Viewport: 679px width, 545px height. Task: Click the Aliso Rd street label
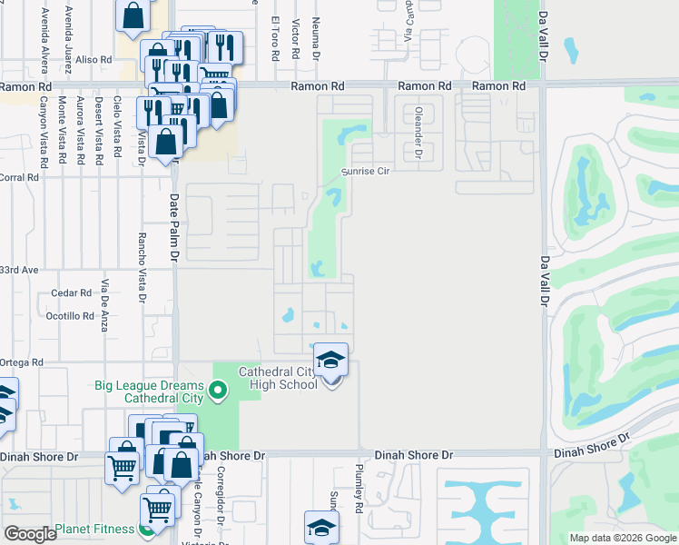[x=93, y=59]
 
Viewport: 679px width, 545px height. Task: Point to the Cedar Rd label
[x=73, y=293]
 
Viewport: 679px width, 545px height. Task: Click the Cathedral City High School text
[x=278, y=378]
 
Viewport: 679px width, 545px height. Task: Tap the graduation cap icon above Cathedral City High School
[x=330, y=359]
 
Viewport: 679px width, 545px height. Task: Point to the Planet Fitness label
[x=94, y=529]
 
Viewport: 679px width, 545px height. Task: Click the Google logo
[x=29, y=533]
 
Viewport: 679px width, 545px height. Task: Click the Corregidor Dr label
[x=221, y=496]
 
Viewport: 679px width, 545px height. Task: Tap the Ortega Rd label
[x=23, y=362]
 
